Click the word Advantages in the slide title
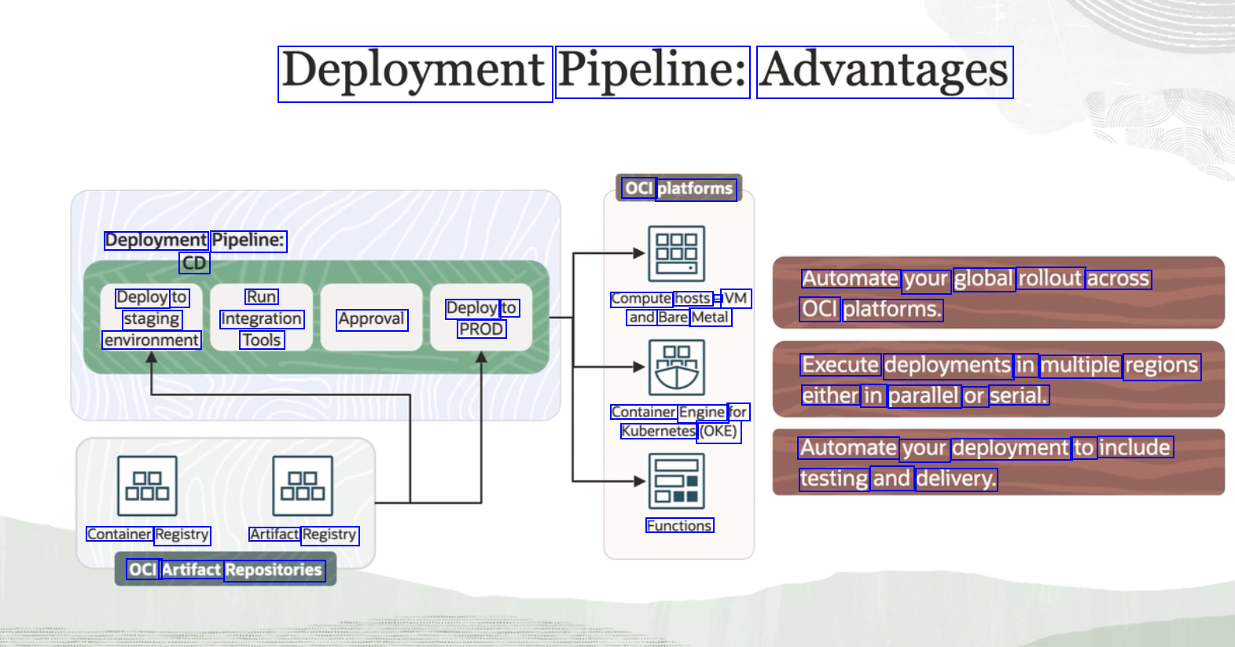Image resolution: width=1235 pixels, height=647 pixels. tap(885, 72)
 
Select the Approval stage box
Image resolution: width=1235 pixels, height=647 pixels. tap(372, 317)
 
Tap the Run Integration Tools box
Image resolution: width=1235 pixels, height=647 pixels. tap(261, 317)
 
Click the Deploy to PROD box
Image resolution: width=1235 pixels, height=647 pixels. tap(481, 317)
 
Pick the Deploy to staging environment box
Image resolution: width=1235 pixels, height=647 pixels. tap(152, 317)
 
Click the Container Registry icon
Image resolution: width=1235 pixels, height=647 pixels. tap(147, 486)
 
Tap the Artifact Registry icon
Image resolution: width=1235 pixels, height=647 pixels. tap(303, 486)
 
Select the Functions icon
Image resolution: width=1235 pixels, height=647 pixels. tap(677, 481)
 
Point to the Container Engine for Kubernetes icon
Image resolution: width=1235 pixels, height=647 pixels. tap(677, 367)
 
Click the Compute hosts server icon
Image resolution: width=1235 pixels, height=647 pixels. tap(677, 254)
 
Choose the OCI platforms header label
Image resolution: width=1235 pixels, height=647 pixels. tap(678, 189)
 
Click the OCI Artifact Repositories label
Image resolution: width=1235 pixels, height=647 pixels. tap(226, 569)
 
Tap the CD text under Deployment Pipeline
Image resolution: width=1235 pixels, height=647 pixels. tap(194, 263)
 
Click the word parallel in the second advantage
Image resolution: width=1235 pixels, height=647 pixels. tap(924, 395)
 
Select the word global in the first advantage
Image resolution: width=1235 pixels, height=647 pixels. tap(984, 278)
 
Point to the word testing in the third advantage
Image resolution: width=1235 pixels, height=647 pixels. tap(834, 479)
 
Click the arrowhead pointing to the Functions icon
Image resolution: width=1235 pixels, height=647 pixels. tap(640, 482)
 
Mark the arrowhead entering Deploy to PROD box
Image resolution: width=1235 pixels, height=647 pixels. tap(481, 357)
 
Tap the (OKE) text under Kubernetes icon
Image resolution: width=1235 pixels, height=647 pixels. tap(719, 432)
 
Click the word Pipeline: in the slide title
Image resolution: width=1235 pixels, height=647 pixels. tap(652, 72)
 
